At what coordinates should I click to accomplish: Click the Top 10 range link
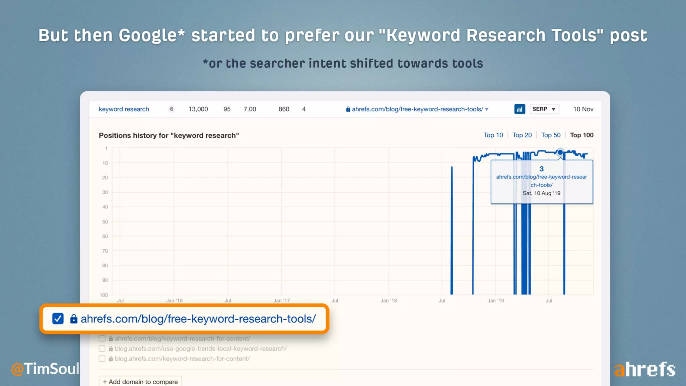tap(493, 135)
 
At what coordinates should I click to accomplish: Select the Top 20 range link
tap(522, 135)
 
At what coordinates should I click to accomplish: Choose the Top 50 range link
tap(551, 135)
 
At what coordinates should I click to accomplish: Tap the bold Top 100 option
tap(581, 135)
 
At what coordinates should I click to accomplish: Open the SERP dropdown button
tap(544, 109)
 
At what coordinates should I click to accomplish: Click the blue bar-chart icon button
tap(520, 109)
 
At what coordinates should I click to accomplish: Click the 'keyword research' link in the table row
tap(124, 109)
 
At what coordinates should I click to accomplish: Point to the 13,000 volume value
tap(198, 109)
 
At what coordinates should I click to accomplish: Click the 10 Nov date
tap(583, 109)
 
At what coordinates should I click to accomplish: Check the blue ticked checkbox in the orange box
tap(58, 319)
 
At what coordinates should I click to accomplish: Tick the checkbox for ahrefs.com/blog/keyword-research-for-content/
tap(102, 339)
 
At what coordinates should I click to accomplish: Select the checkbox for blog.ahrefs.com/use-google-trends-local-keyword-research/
tap(102, 349)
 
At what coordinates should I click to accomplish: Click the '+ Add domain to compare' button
tap(140, 382)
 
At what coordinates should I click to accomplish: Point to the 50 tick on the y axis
tap(105, 222)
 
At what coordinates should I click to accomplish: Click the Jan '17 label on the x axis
tap(281, 301)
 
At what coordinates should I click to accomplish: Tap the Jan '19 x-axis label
tap(495, 301)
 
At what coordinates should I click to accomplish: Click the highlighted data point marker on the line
tap(560, 152)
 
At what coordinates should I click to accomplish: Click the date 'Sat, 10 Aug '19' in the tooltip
tap(541, 193)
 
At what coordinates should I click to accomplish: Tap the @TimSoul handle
tap(45, 369)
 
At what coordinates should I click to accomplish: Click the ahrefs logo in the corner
tap(644, 370)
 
